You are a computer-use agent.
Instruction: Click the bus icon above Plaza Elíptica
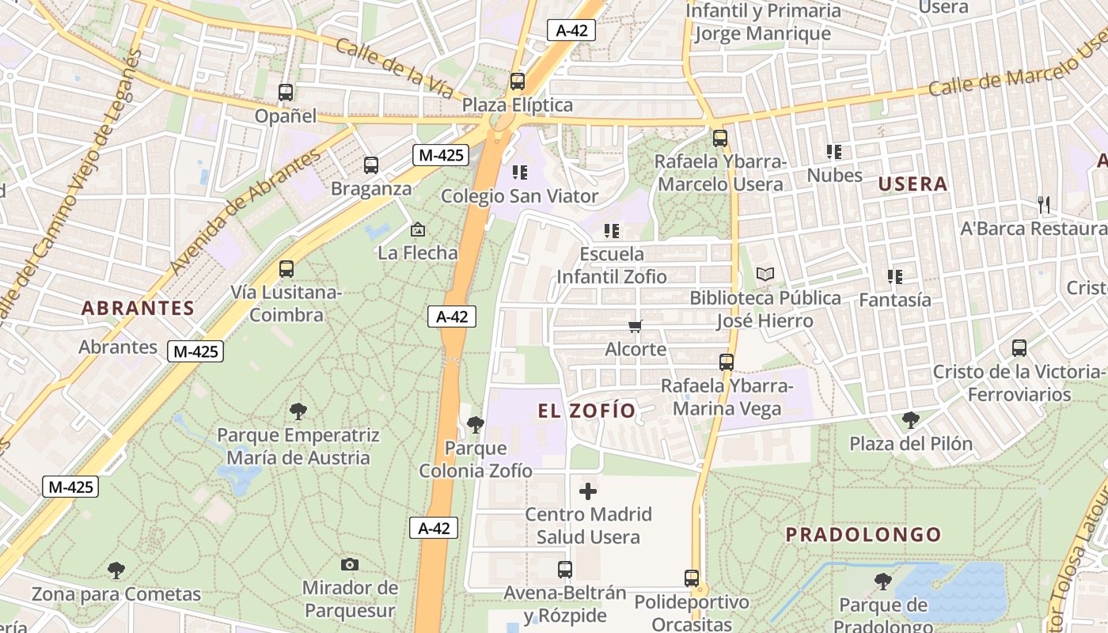point(517,81)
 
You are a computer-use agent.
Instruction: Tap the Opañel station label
point(285,116)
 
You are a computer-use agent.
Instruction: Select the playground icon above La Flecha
point(417,230)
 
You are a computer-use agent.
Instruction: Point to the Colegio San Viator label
point(519,195)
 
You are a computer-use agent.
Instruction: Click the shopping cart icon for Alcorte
point(635,326)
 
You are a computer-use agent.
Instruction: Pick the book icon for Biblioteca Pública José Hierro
point(765,275)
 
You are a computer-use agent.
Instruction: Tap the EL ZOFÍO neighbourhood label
point(586,410)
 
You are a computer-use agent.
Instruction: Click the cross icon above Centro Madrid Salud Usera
point(588,491)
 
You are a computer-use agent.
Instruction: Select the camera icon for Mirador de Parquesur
point(350,565)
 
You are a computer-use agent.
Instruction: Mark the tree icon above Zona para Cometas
point(116,570)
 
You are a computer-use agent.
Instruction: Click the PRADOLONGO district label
point(863,534)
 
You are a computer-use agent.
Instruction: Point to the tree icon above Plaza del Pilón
point(911,419)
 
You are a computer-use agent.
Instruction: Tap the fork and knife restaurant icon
point(1044,205)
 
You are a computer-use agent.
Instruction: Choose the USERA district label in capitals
point(913,184)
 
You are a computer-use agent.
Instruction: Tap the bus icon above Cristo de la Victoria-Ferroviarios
point(1019,348)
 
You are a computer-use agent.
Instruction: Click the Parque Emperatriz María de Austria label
point(298,446)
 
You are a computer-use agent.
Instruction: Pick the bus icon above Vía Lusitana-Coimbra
point(286,269)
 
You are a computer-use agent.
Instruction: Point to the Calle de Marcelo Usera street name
point(1017,71)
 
